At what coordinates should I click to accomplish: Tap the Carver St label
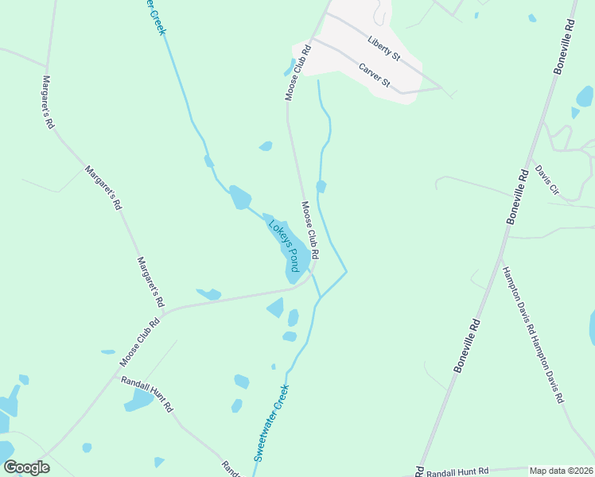coord(374,76)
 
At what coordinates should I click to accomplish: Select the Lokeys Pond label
coord(282,246)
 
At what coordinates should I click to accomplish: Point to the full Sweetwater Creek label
coord(270,424)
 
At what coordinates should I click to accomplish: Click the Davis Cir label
coord(547,181)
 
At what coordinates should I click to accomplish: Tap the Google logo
coord(26,467)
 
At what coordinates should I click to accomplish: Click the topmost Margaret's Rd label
coord(48,103)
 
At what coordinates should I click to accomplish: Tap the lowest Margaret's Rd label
coord(150,282)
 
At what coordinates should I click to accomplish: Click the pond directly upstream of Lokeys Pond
coord(239,197)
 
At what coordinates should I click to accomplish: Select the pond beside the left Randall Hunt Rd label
coord(138,400)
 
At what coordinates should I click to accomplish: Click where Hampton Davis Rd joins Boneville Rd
coord(499,256)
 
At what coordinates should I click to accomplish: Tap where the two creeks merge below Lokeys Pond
coord(321,298)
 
